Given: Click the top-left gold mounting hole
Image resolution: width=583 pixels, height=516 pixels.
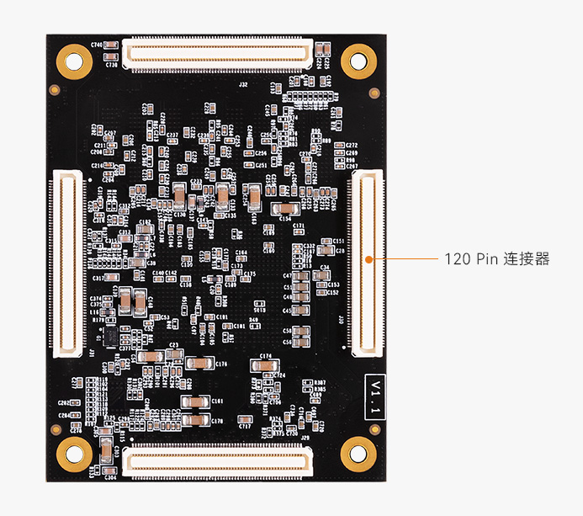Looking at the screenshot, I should [74, 61].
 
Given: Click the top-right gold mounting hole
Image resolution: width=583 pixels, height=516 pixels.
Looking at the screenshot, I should [358, 61].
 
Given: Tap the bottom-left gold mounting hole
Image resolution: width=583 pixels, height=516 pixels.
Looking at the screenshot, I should [74, 455].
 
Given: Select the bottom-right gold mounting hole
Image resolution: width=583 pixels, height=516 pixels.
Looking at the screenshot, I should [358, 455].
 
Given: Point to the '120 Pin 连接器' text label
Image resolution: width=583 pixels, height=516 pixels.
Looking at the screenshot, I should [496, 259].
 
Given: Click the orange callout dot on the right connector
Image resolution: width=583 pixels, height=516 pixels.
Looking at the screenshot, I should [368, 259].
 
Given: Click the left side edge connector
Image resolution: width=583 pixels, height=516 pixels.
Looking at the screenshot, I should [69, 261].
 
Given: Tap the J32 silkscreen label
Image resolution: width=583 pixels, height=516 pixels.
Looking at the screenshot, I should [243, 85].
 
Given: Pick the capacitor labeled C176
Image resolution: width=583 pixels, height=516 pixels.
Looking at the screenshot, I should [200, 364].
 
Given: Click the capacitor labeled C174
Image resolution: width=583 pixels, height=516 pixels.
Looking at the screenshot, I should [264, 365].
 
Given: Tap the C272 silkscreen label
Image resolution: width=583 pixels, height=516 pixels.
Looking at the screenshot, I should [352, 146].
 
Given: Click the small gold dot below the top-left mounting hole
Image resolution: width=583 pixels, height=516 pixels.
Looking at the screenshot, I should [56, 89].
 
